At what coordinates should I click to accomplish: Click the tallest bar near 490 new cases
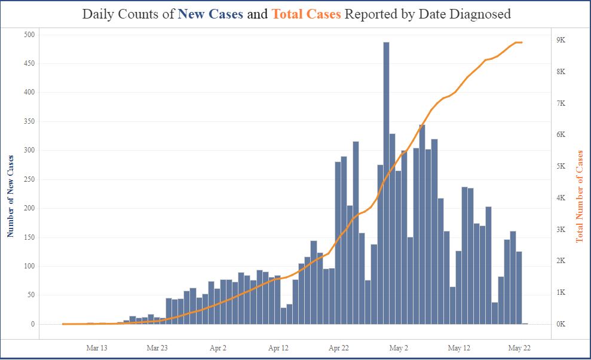pos(386,179)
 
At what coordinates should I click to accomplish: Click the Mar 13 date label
pos(97,347)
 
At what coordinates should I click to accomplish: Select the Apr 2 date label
pos(218,347)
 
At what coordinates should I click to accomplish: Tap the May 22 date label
pos(519,347)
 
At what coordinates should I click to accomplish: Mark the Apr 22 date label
pos(339,347)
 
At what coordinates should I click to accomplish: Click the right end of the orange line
pos(522,42)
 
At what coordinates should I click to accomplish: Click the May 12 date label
pos(459,347)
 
